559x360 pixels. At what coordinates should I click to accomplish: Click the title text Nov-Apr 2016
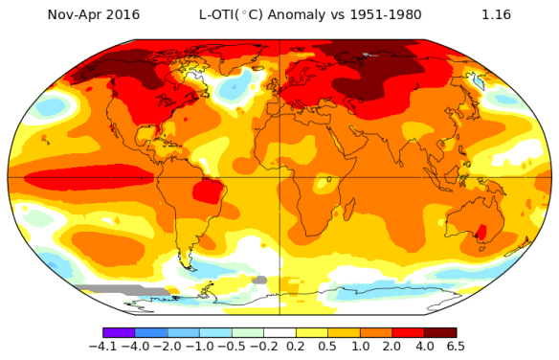point(93,15)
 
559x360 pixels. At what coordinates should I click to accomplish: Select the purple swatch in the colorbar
point(119,331)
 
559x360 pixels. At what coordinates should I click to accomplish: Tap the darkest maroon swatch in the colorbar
point(439,331)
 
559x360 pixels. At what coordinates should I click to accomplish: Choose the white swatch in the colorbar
point(279,331)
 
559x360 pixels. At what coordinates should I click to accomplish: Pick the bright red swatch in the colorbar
point(408,331)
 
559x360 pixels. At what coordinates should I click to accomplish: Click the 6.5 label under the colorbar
point(456,347)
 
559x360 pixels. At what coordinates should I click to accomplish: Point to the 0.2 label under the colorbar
point(296,347)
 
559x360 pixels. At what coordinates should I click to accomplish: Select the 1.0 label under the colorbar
point(360,347)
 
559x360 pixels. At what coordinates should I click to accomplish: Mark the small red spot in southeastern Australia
point(482,232)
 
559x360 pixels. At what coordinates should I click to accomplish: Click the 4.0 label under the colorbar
point(424,347)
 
